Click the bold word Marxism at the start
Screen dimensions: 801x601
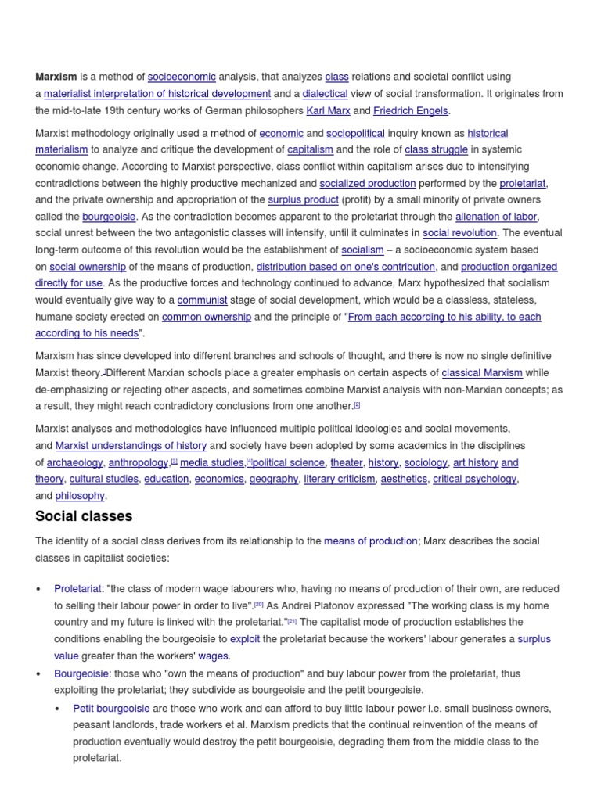pyautogui.click(x=56, y=77)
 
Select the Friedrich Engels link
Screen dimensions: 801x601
pyautogui.click(x=412, y=110)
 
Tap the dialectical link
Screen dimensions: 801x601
pyautogui.click(x=325, y=94)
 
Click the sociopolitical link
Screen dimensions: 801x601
pyautogui.click(x=355, y=133)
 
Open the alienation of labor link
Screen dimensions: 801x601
pyautogui.click(x=497, y=217)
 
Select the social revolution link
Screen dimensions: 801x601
pyautogui.click(x=459, y=233)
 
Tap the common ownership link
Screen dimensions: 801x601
pyautogui.click(x=207, y=317)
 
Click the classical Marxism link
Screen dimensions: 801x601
pyautogui.click(x=482, y=373)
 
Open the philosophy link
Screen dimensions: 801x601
pyautogui.click(x=80, y=496)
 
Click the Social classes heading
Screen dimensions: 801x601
pyautogui.click(x=84, y=516)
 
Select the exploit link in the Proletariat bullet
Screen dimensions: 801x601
pyautogui.click(x=244, y=639)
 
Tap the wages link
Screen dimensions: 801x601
pyautogui.click(x=214, y=656)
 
